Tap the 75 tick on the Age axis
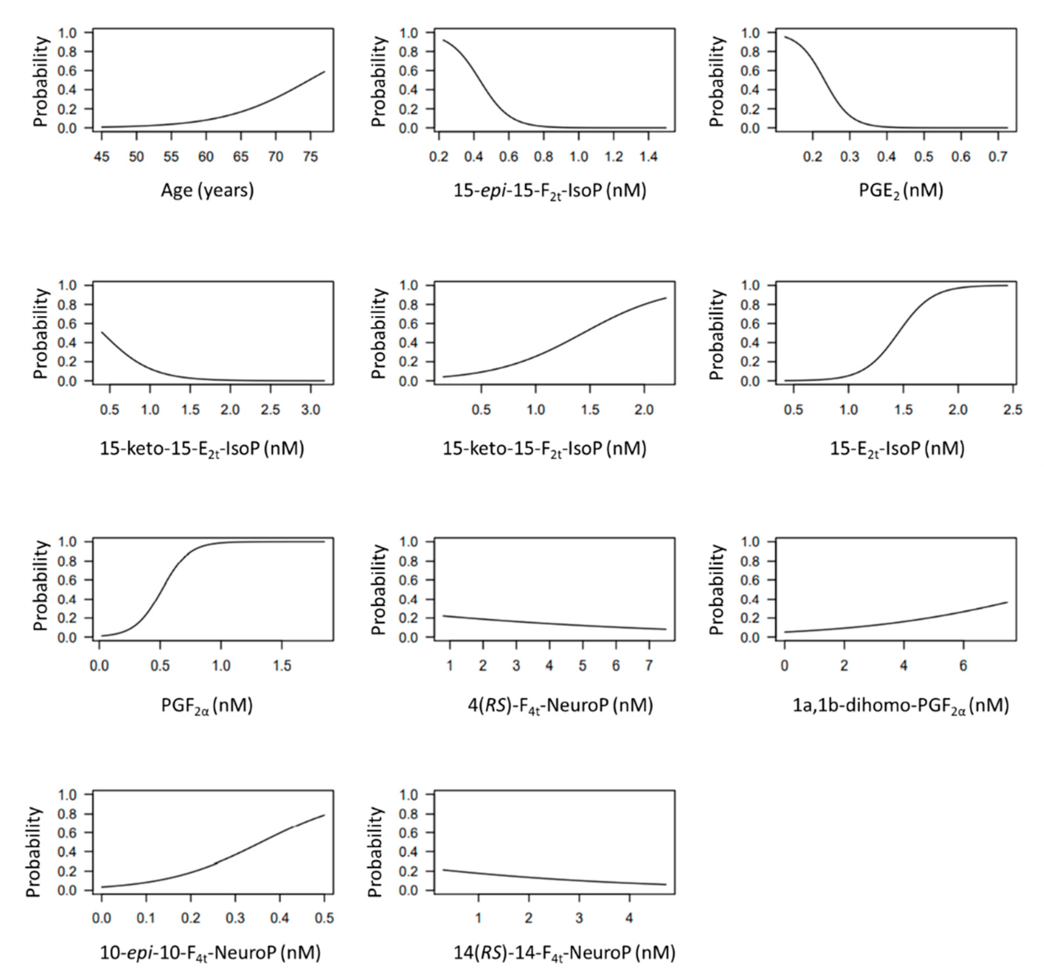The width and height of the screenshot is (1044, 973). [311, 157]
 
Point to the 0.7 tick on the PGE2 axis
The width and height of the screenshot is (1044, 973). [998, 157]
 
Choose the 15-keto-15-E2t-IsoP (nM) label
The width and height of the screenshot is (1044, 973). [202, 449]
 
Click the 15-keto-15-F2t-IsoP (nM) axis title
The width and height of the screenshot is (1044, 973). [545, 449]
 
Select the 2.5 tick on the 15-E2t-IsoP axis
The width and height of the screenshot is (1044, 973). [1013, 409]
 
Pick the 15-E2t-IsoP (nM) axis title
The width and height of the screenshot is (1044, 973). [897, 449]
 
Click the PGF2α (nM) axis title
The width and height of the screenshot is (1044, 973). [207, 706]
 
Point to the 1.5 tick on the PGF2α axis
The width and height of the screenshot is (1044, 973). [282, 666]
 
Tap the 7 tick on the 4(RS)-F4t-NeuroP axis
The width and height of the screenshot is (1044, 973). [649, 666]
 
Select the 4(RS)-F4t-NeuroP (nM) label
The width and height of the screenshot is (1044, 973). [560, 706]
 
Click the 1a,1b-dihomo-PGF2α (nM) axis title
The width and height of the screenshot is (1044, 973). [901, 706]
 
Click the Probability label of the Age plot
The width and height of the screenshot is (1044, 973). [41, 81]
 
